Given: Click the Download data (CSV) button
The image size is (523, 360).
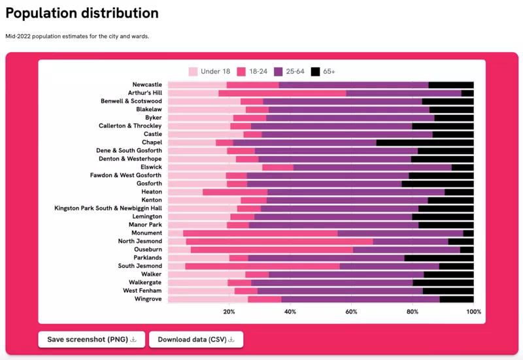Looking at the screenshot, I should pos(196,339).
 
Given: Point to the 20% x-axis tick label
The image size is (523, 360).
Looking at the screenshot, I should pos(229,312).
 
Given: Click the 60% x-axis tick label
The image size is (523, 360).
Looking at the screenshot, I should pos(351,312).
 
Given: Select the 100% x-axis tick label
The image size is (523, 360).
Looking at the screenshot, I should pos(473,312).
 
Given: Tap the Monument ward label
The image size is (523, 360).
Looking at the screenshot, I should pos(146,233).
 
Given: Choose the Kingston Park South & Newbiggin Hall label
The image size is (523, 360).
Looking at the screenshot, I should pos(108,208).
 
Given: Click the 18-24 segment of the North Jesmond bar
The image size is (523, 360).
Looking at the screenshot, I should pos(279,241).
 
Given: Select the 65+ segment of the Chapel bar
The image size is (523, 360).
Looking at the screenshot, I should pos(425,142).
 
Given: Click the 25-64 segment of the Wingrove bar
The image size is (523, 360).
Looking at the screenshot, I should pos(360,299).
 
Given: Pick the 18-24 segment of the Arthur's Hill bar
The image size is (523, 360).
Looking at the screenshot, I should pos(282,93).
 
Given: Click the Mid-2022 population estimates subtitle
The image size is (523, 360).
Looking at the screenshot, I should pos(77,36).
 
